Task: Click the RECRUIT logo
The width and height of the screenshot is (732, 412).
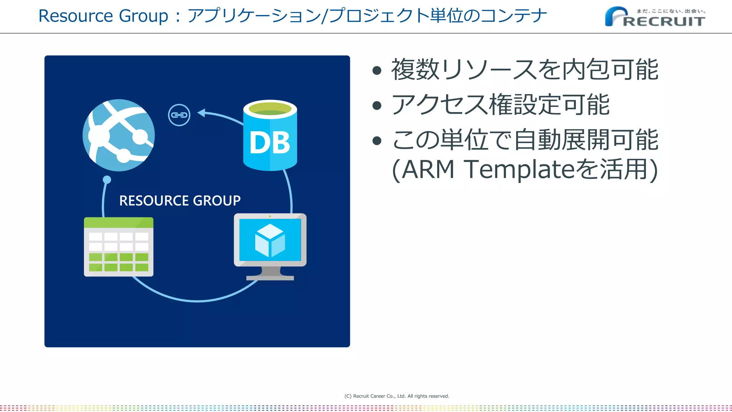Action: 655,17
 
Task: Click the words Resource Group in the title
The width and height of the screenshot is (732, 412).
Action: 103,16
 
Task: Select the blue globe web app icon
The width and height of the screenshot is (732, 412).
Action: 119,135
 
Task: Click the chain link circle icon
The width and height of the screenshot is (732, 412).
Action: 179,115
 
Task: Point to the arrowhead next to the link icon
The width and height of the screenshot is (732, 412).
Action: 201,113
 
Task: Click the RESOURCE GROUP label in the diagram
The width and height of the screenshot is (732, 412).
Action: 180,201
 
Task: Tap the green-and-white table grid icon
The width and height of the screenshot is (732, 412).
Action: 119,247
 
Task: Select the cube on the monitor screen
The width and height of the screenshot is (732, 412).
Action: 270,240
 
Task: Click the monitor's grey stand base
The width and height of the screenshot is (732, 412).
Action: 270,278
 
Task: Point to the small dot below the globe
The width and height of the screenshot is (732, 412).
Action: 107,180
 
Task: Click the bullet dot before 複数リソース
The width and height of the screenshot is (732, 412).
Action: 377,70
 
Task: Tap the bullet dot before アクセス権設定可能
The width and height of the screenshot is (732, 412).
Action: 377,106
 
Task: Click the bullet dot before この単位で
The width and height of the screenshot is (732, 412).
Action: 377,141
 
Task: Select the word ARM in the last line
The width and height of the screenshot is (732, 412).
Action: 428,170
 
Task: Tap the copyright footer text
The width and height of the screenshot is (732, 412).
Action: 397,396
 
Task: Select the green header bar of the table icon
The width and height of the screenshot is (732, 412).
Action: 119,222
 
